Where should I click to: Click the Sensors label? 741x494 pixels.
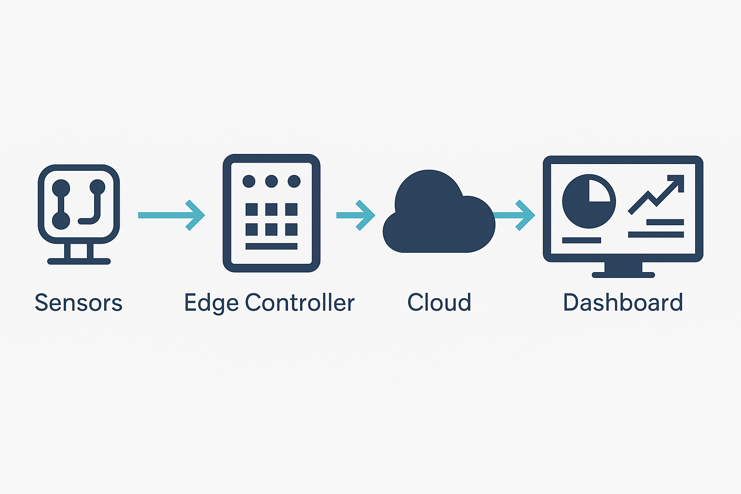79,303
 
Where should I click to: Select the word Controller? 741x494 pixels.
300,303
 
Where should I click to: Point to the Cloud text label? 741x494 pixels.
439,303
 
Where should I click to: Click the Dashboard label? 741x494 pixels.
623,303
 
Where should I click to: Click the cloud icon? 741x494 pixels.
437,217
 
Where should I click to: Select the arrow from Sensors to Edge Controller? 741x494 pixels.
171,215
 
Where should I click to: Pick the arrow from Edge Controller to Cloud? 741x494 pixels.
356,215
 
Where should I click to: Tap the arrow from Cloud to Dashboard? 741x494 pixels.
515,215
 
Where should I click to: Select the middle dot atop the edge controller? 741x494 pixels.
272,181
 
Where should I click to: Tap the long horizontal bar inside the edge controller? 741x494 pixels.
272,247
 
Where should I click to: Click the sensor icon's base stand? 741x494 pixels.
79,256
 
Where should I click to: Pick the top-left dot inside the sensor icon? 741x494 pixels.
61,187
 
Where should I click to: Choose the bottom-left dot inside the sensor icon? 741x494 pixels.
61,220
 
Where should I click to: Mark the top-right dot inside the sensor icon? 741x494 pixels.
97,187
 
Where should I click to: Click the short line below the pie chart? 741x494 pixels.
581,240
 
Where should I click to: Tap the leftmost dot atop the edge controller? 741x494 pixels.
249,181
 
